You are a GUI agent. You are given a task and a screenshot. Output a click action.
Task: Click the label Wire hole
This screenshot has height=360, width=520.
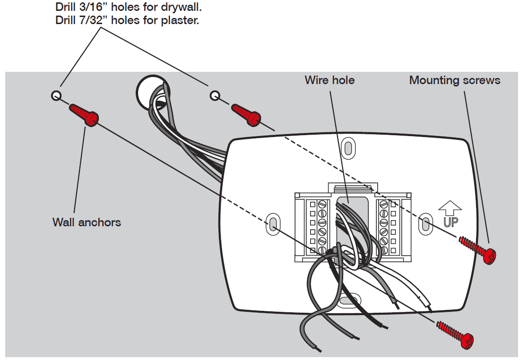coord(329,80)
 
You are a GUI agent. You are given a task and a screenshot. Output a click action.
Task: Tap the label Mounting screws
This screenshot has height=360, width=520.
coord(454,80)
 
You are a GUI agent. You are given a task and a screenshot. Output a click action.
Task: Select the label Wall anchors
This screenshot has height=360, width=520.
coord(87,222)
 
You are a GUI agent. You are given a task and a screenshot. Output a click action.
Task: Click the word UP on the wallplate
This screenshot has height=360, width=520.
coord(450,222)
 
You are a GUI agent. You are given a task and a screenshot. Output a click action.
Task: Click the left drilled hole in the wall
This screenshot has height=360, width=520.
coord(56,96)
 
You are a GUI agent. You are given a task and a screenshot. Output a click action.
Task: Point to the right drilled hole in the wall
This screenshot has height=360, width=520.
coord(215,96)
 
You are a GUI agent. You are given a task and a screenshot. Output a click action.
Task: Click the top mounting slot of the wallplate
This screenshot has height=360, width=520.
coord(348,147)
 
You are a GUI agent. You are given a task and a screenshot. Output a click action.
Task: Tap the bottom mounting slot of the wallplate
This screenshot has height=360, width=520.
coord(349,300)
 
